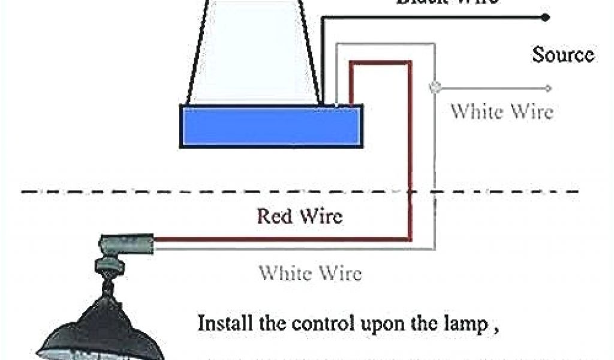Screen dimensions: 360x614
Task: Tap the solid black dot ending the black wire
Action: [x=545, y=18]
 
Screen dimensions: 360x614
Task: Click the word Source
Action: [x=563, y=55]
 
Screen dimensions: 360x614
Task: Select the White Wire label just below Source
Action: [x=502, y=112]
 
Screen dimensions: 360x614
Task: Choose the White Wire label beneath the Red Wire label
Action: [x=310, y=274]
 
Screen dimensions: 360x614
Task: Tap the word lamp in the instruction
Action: [x=462, y=325]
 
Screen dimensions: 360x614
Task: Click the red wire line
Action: [x=410, y=150]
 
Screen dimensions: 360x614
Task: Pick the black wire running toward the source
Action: [x=432, y=18]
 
